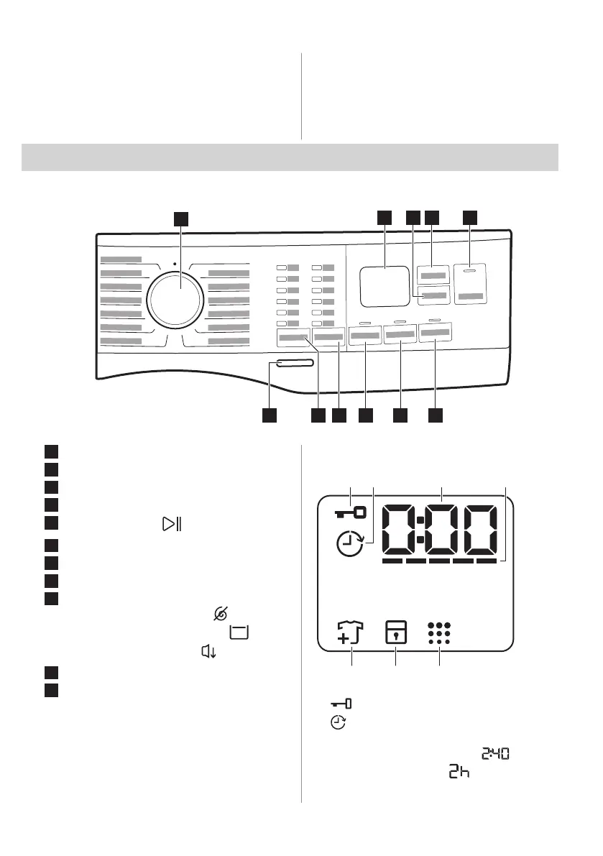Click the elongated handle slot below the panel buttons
[292, 365]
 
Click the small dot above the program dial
[175, 264]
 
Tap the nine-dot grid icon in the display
[438, 632]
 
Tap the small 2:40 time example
[496, 754]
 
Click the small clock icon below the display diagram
[337, 724]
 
